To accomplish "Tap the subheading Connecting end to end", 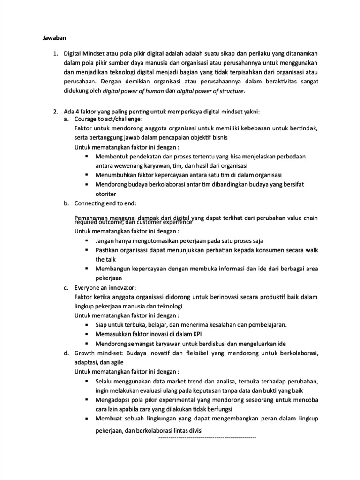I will click(105, 203).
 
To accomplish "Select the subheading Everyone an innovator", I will click(105, 287).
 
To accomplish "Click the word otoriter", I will click(106, 194).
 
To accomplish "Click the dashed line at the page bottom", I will click(208, 437).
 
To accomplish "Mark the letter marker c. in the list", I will click(67, 287).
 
